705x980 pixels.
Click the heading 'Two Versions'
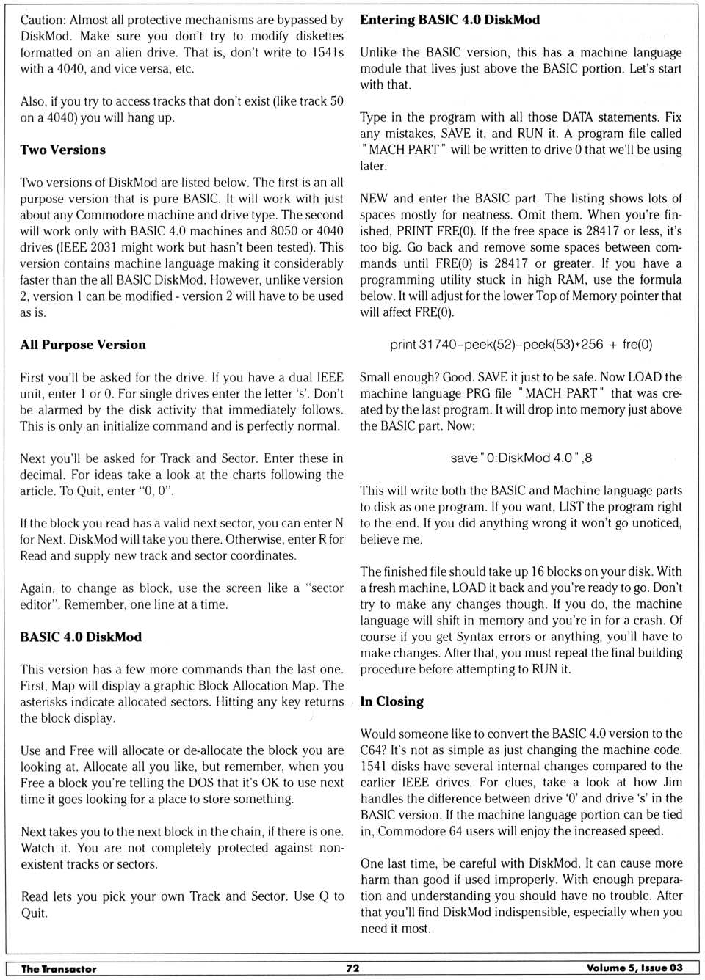(x=62, y=150)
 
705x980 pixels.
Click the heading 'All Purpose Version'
(x=83, y=345)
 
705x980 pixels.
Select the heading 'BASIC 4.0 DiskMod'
(x=81, y=637)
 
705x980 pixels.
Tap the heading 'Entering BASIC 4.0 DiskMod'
(x=449, y=20)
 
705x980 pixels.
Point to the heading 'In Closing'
(x=391, y=701)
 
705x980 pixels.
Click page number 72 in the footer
(x=352, y=968)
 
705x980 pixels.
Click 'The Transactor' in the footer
(x=59, y=968)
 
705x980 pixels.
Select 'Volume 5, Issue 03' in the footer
(x=634, y=968)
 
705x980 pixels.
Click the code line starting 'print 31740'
(x=521, y=345)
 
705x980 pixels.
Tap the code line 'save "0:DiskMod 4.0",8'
(x=521, y=458)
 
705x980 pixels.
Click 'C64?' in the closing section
(x=375, y=750)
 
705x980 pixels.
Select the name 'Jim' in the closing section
(x=673, y=782)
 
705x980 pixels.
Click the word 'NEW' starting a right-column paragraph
(x=373, y=198)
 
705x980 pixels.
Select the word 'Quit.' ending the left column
(x=35, y=913)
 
